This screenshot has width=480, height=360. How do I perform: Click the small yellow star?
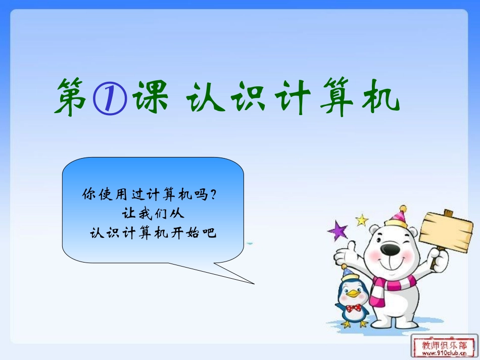(362, 220)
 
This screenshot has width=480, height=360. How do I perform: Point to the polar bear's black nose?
(389, 248)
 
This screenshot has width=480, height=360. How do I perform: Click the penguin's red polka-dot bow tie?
(353, 307)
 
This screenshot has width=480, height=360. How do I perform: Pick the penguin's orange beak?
(354, 294)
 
